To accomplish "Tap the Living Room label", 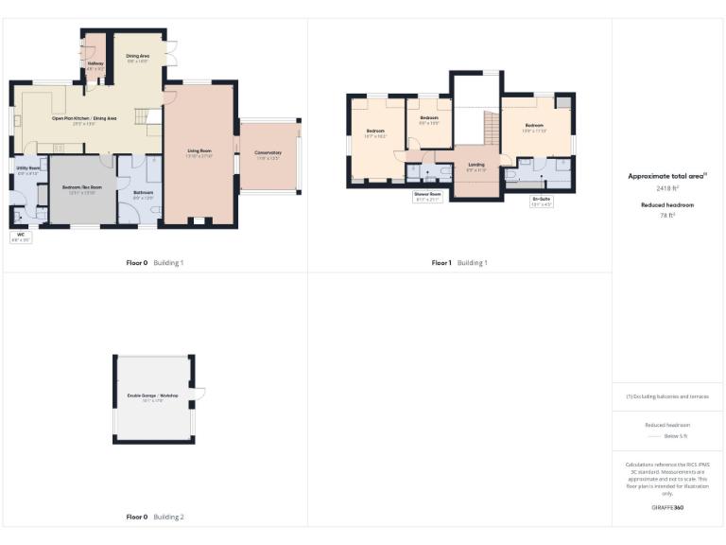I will pyautogui.click(x=199, y=151).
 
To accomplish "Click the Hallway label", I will pyautogui.click(x=95, y=64).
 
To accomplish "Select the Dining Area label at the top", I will pyautogui.click(x=138, y=57).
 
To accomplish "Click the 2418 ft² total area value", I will pyautogui.click(x=668, y=188).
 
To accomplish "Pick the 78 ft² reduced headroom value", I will pyautogui.click(x=668, y=216).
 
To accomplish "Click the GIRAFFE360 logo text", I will pyautogui.click(x=667, y=508).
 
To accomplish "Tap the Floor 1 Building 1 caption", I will pyautogui.click(x=459, y=262).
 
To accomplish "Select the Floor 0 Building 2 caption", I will pyautogui.click(x=155, y=517).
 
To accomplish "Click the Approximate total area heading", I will pyautogui.click(x=667, y=176).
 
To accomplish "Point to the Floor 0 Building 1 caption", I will pyautogui.click(x=155, y=262).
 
